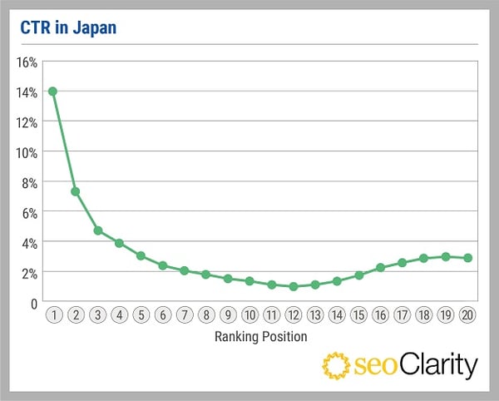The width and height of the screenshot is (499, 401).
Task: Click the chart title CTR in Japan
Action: pos(68,28)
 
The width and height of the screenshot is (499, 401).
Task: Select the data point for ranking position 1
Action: pos(52,91)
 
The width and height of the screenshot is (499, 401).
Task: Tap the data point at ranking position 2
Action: pos(75,191)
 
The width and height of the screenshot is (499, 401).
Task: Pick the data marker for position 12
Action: pos(293,286)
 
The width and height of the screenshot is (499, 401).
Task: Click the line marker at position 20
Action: pos(468,258)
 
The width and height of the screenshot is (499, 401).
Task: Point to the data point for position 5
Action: pos(141,255)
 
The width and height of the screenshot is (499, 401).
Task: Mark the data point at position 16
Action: pos(380,267)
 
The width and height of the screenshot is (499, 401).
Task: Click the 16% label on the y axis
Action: pos(27,62)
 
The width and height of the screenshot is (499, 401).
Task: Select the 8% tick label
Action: pos(29,182)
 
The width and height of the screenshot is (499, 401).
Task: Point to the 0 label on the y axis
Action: pos(34,302)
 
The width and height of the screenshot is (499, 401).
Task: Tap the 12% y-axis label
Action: pos(27,122)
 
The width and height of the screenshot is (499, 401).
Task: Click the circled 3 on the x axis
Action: pos(96,317)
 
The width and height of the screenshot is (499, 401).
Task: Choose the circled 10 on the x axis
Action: pos(249,317)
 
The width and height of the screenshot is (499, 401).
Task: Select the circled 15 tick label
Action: pos(358,317)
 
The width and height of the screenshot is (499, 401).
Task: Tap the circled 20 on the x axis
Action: pos(468,317)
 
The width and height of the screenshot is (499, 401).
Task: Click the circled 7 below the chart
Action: pos(184,317)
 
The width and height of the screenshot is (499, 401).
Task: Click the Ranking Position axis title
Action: pos(260,337)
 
